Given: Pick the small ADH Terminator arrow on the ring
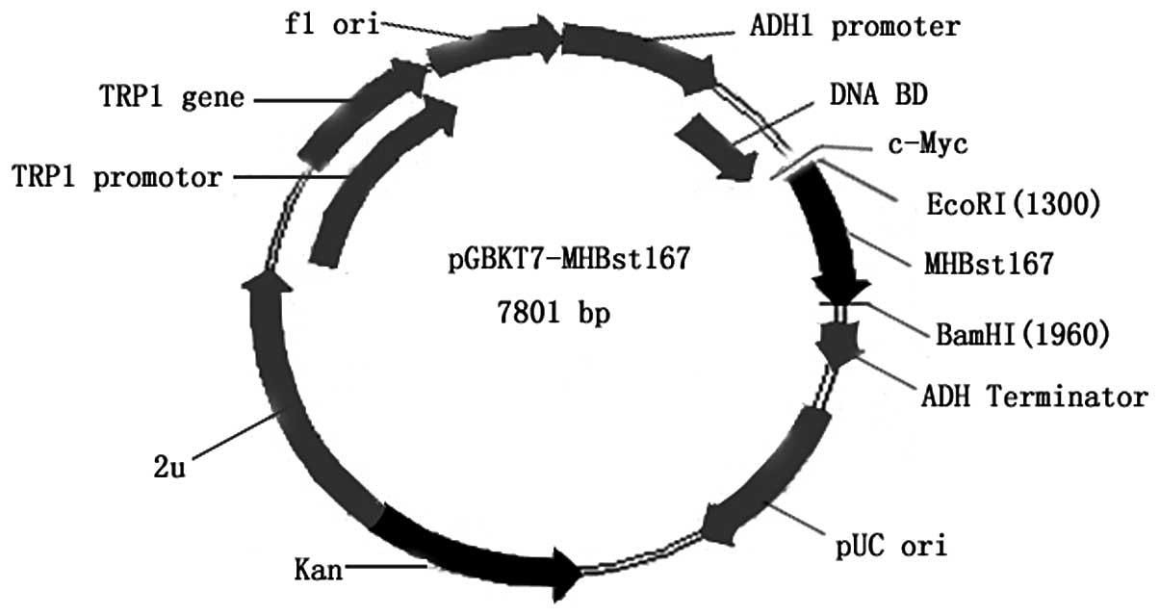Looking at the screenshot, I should pyautogui.click(x=836, y=342).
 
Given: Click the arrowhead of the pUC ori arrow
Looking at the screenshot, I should pyautogui.click(x=717, y=526).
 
